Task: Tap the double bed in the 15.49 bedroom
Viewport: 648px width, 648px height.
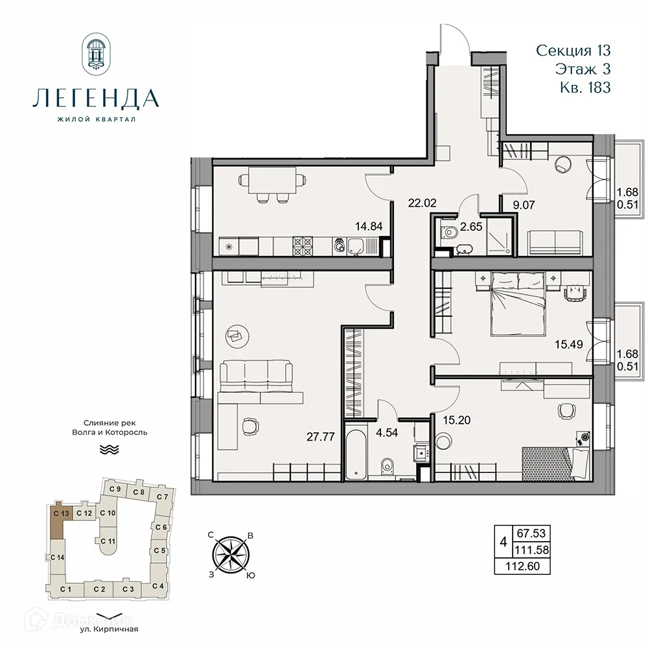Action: (518, 301)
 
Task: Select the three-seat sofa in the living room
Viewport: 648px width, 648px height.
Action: (255, 376)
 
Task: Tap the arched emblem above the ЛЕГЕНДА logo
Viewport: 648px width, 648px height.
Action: (96, 55)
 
